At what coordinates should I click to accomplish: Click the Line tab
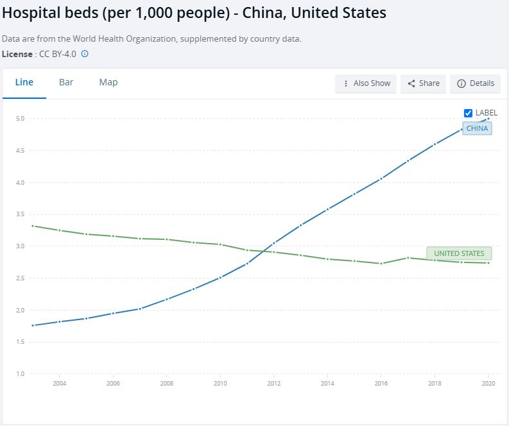click(x=24, y=83)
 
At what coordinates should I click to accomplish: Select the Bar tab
click(x=66, y=83)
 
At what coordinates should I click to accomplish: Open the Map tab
click(x=108, y=83)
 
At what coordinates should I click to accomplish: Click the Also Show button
click(x=366, y=83)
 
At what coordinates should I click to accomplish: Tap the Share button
click(x=424, y=83)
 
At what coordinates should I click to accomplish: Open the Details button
click(x=476, y=83)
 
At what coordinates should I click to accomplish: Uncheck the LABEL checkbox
click(x=469, y=113)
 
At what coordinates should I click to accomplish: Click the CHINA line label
click(x=477, y=128)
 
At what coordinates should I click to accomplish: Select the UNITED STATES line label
click(x=459, y=253)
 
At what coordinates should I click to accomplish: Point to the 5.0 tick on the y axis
click(x=20, y=119)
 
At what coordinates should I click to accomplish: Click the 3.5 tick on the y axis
click(x=20, y=214)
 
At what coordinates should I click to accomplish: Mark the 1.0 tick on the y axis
click(x=20, y=373)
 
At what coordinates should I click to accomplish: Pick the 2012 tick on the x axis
click(x=273, y=384)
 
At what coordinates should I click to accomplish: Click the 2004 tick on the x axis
click(x=59, y=384)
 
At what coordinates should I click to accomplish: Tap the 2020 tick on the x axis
click(x=488, y=384)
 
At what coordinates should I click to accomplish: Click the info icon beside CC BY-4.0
click(x=85, y=54)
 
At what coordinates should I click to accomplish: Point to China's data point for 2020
click(x=488, y=119)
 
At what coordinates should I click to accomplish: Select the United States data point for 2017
click(x=408, y=258)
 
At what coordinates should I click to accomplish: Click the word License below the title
click(x=17, y=54)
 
